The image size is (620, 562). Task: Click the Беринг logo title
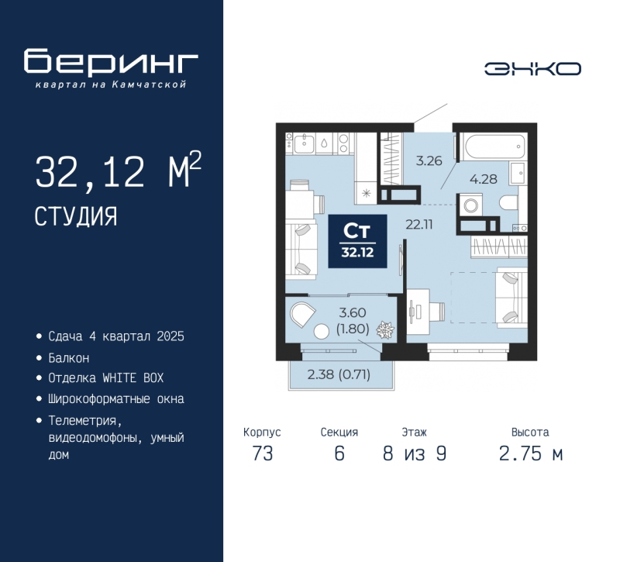(111, 61)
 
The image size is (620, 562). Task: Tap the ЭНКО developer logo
(532, 69)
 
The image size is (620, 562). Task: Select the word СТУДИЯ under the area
(76, 216)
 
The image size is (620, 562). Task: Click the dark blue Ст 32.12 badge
(357, 241)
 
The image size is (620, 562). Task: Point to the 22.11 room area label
(419, 225)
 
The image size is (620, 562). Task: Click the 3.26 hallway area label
(429, 160)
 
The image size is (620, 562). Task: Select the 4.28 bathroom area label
(483, 179)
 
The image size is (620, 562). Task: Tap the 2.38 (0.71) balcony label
(339, 374)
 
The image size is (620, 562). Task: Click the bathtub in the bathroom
(496, 147)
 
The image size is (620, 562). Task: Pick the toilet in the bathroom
(509, 203)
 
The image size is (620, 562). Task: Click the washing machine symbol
(470, 205)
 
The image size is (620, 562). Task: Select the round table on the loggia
(322, 331)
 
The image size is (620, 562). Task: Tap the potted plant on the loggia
(384, 330)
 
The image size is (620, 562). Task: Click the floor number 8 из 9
(415, 453)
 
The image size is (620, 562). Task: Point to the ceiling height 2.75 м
(530, 453)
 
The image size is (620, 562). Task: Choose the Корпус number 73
(263, 453)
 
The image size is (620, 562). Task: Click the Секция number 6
(339, 453)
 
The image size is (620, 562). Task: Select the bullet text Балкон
(69, 358)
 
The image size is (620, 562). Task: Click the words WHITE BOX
(133, 378)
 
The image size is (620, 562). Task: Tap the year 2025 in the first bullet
(170, 336)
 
